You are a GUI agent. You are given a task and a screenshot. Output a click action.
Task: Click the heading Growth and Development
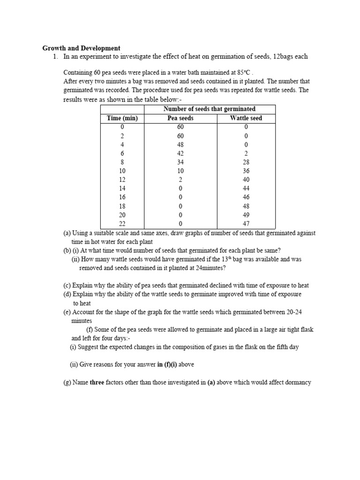(x=82, y=48)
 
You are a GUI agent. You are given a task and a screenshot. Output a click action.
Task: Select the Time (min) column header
(x=122, y=118)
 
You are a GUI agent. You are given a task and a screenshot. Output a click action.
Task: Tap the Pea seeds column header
(x=180, y=118)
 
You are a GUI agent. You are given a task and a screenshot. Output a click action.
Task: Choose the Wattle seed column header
(x=246, y=118)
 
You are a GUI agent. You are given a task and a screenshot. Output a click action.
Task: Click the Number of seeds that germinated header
(x=209, y=109)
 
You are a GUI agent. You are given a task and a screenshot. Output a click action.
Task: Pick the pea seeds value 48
(x=180, y=144)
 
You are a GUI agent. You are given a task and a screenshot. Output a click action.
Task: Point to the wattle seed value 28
(x=246, y=162)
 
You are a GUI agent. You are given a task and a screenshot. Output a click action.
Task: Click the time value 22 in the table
(x=122, y=224)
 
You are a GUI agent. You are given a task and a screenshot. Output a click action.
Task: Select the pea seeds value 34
(x=180, y=162)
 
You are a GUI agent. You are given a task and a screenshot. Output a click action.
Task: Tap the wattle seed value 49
(x=246, y=215)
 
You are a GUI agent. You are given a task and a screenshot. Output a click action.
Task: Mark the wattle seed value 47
(x=246, y=224)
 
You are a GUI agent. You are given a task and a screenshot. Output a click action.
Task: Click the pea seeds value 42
(x=180, y=153)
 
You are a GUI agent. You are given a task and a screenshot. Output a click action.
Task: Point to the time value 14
(x=122, y=188)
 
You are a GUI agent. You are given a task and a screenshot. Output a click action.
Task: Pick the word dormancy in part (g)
(x=296, y=382)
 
